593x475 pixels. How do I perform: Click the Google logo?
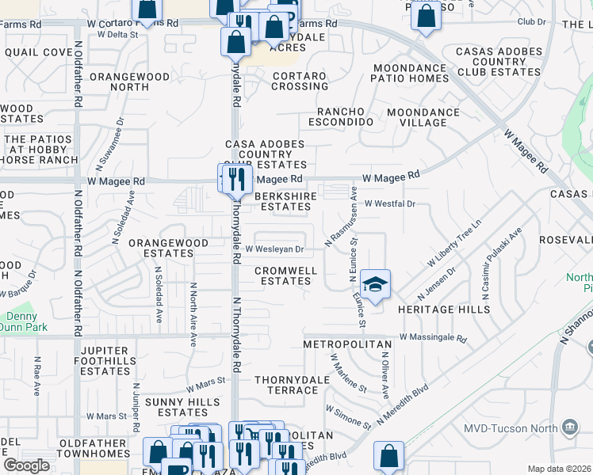(26, 465)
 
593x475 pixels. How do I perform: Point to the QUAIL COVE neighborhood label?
(38, 52)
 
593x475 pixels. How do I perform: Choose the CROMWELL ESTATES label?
(286, 275)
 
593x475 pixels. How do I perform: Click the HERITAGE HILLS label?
(443, 309)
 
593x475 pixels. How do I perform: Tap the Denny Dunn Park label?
(24, 321)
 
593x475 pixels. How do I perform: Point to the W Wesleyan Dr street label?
(274, 249)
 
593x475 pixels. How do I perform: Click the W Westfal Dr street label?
(390, 203)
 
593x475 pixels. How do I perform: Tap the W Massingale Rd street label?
(433, 337)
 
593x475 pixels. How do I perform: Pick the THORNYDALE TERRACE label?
(286, 385)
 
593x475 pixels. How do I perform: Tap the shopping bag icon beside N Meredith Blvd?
(388, 457)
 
